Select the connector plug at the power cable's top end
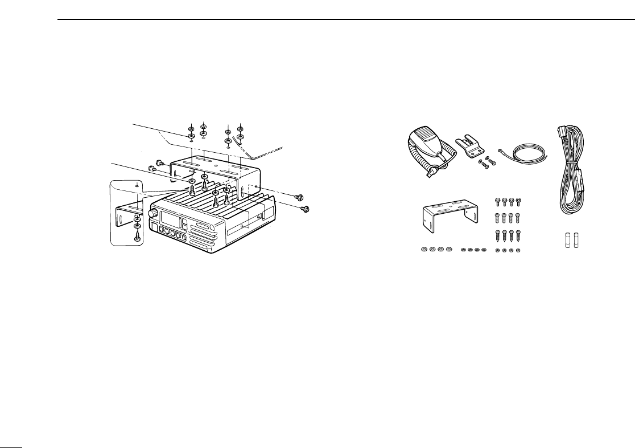[x=559, y=133]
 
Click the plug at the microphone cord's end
[x=434, y=169]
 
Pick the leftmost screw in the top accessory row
[x=498, y=201]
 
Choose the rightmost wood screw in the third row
[x=518, y=235]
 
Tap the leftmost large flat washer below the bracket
[x=424, y=250]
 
